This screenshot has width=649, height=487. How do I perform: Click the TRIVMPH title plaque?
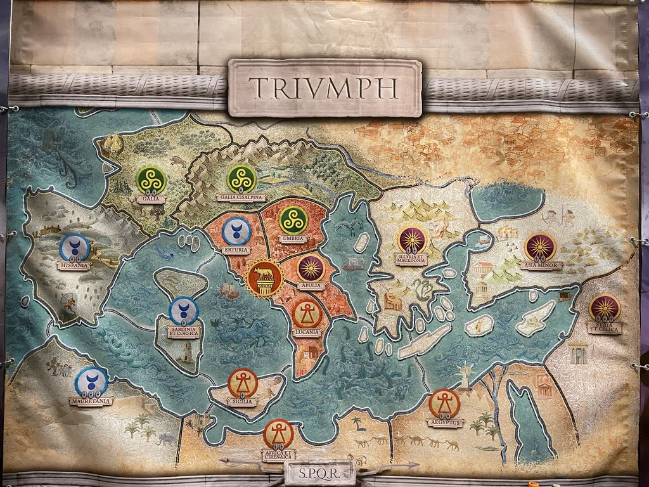pos(324,88)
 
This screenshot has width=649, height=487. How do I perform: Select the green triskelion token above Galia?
pos(151,179)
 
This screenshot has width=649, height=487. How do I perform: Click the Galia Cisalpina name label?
pos(241,197)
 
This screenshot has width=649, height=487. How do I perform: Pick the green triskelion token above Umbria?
pos(293,220)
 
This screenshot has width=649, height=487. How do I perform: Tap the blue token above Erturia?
pos(237,231)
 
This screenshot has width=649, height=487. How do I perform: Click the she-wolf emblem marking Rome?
pos(265,278)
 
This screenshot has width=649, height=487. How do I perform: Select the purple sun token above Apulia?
pos(311,269)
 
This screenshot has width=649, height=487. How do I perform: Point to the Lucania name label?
pos(307,332)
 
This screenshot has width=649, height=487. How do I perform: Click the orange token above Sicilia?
pos(243,383)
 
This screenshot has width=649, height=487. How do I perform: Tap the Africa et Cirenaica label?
pos(278,455)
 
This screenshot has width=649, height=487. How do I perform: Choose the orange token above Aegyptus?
pos(444,403)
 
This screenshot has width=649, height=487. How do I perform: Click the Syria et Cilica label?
pos(605,327)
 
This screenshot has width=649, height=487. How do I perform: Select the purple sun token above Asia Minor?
pos(541,248)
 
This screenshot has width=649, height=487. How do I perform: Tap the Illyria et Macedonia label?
pos(411,259)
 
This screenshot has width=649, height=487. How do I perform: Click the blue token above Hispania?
pos(74,248)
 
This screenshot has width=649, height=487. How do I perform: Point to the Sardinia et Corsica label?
pos(183,332)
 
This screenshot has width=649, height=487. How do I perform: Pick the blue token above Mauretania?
pos(91,382)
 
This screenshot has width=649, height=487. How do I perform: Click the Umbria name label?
pos(293,239)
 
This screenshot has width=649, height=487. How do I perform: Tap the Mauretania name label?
pos(91,401)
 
